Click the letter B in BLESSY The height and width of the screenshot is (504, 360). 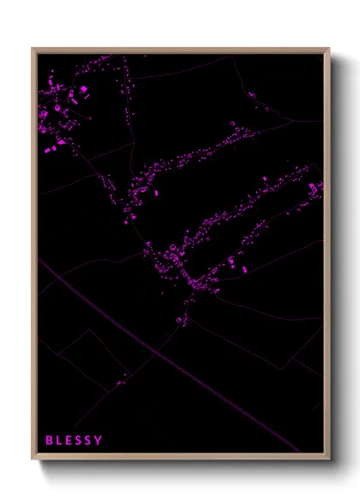[49, 441]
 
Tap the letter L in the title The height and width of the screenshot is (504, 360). [60, 441]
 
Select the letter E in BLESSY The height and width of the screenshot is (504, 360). [70, 441]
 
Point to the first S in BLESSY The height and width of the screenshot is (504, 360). [81, 441]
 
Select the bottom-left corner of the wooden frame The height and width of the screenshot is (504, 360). [33, 459]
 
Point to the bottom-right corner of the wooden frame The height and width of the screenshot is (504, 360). [328, 459]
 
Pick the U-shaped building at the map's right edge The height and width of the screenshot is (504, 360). [320, 187]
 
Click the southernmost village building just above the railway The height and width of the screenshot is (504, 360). [181, 321]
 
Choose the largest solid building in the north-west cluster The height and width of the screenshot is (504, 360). [84, 88]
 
